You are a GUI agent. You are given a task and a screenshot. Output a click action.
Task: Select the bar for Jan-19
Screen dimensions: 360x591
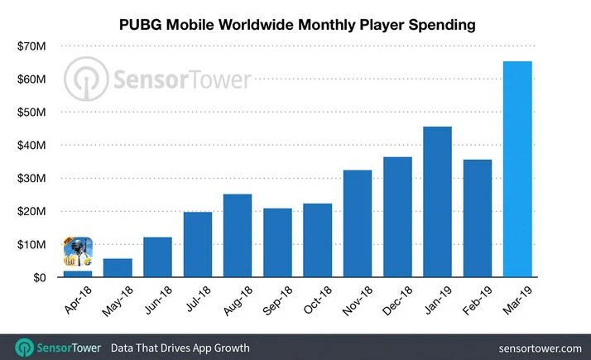[438, 202]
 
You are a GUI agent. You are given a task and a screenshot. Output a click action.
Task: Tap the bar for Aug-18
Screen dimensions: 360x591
[238, 236]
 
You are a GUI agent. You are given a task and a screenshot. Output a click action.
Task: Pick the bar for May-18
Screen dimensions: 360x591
[118, 268]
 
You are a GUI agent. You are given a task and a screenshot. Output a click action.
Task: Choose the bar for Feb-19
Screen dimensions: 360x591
[478, 218]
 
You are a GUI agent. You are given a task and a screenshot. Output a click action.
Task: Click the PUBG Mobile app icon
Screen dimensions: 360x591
[78, 252]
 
